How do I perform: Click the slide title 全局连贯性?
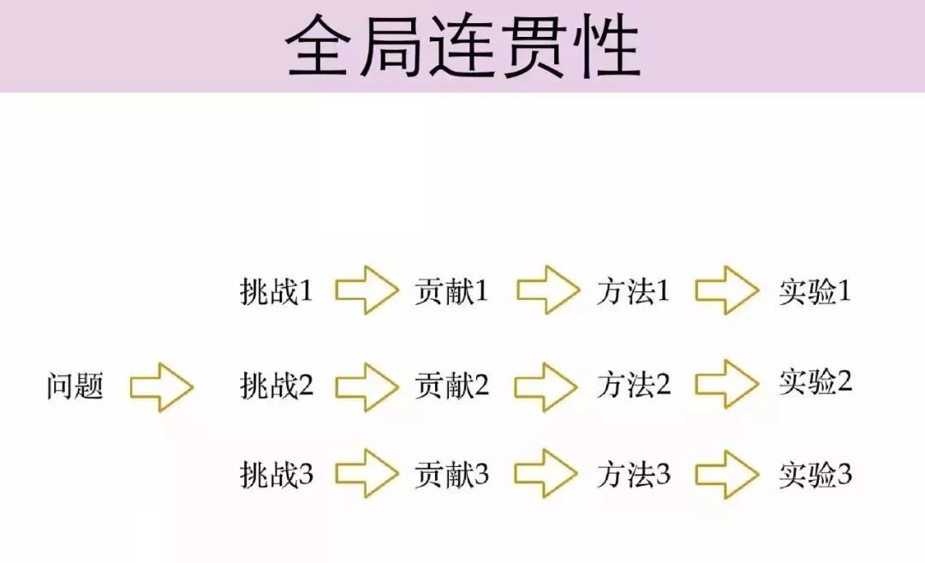(462, 47)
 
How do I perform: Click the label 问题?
(75, 386)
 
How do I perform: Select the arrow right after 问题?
(162, 387)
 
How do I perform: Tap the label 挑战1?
(277, 292)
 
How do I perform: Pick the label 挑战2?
(277, 386)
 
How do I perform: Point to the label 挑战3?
(277, 474)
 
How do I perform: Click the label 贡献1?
(451, 291)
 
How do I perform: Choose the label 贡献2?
(451, 386)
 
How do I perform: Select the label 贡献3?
(451, 474)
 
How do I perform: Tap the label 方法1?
(633, 292)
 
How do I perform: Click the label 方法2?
(633, 386)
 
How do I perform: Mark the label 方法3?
(633, 475)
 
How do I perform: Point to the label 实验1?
(815, 292)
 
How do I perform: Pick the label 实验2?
(815, 381)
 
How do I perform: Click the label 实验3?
(815, 475)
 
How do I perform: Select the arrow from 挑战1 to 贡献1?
(367, 291)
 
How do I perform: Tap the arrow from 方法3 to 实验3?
(727, 475)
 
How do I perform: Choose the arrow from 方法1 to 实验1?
(727, 291)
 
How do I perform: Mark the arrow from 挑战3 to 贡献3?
(367, 473)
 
